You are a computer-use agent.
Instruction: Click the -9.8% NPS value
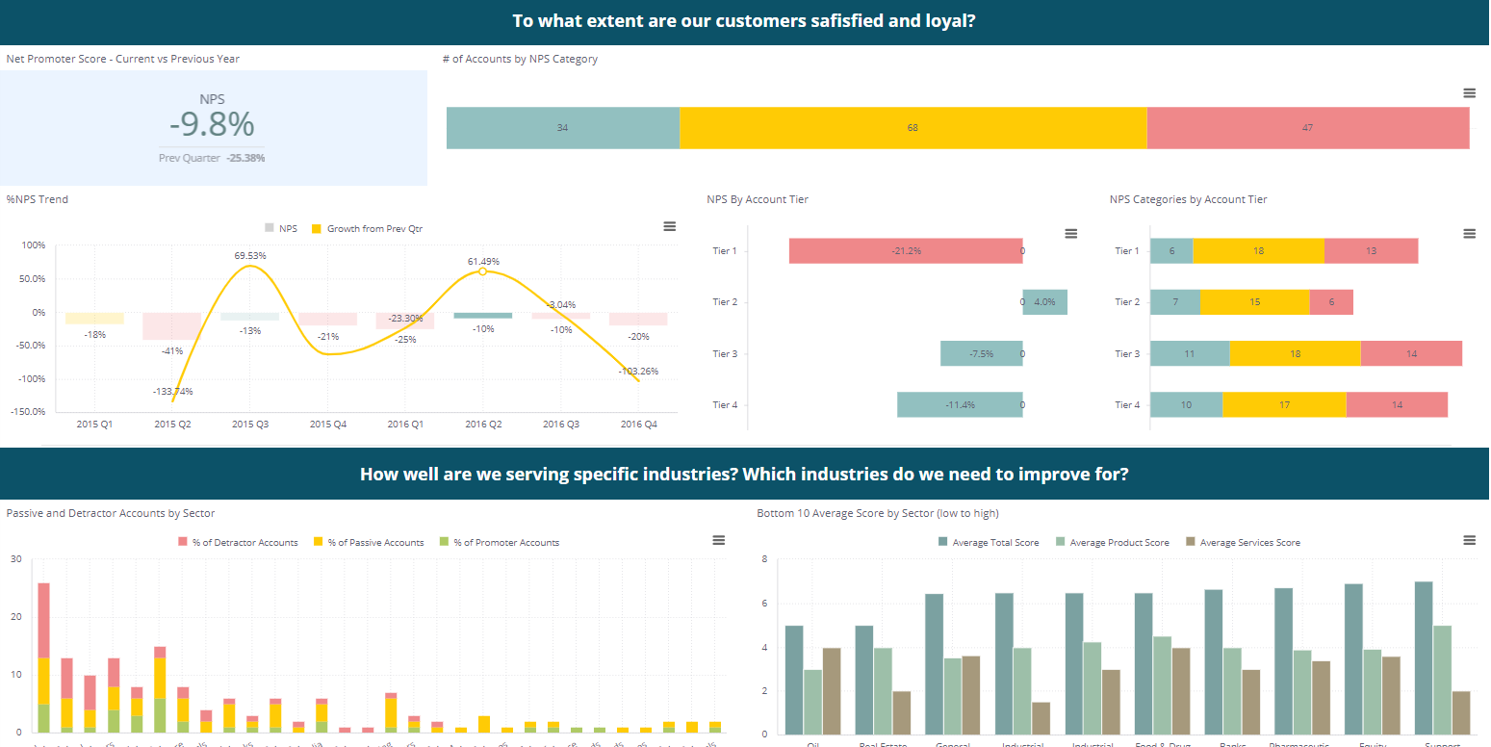(212, 125)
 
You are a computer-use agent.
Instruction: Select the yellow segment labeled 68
(913, 128)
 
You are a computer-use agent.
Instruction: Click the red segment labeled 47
(1307, 128)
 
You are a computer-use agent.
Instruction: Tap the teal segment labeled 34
(562, 128)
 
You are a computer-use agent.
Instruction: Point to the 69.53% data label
(249, 255)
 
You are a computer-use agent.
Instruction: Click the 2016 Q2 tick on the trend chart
(483, 424)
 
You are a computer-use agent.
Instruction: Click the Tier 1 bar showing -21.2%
(905, 251)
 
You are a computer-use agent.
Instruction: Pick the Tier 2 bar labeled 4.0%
(1044, 302)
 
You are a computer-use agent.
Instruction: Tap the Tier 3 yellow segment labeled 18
(1295, 353)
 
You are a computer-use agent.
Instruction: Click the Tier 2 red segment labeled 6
(1331, 302)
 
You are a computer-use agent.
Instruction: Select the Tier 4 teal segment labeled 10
(1186, 405)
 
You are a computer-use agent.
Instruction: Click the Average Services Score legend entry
(1242, 543)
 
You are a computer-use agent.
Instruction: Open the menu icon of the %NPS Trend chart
(669, 226)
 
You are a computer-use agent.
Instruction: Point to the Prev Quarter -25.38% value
(244, 157)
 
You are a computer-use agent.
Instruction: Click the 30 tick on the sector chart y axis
(14, 558)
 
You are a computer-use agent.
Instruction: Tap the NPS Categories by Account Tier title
(1188, 199)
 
